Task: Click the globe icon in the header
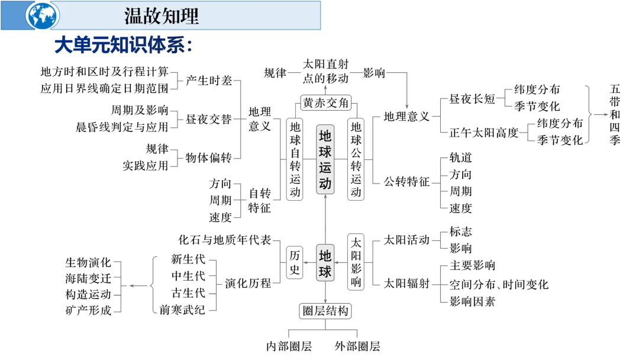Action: point(43,15)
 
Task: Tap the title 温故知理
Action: point(161,15)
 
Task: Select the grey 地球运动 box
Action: point(325,159)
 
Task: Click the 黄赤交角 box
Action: point(325,102)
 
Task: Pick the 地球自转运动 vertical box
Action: point(295,159)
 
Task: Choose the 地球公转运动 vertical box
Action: point(356,159)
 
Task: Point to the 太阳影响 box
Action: point(356,262)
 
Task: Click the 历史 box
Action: point(295,262)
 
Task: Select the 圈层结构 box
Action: point(325,310)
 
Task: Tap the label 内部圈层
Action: point(288,346)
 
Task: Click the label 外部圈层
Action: point(357,346)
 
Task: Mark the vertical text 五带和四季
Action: point(615,115)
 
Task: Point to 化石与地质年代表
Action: point(225,240)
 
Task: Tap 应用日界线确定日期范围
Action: point(104,88)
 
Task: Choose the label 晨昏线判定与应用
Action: point(122,127)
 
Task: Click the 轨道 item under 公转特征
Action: point(460,158)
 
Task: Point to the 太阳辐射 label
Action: point(406,284)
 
